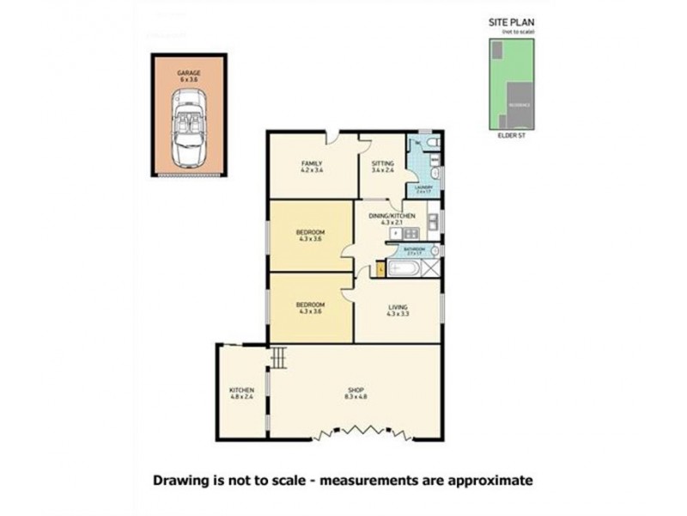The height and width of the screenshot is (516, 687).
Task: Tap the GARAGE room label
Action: coord(189,74)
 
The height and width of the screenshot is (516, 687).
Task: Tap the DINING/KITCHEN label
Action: coord(392,215)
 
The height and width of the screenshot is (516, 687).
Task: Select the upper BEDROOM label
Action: coord(310,233)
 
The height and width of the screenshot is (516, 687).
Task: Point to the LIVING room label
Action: coord(397,307)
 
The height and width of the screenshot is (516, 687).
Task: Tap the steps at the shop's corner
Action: coord(277,355)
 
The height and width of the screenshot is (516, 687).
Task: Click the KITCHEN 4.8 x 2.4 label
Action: coord(241,394)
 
